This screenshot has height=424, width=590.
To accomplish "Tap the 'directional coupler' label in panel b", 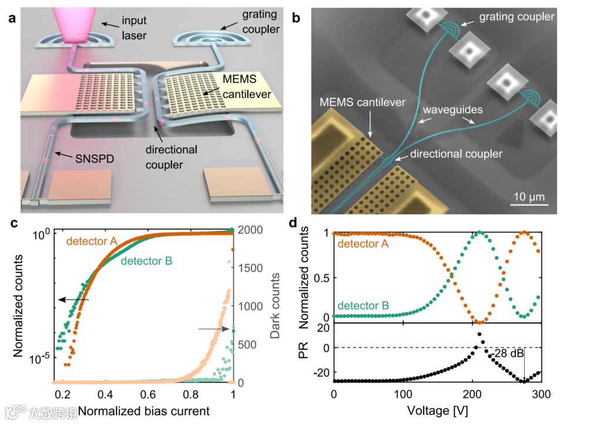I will click(x=457, y=154).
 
